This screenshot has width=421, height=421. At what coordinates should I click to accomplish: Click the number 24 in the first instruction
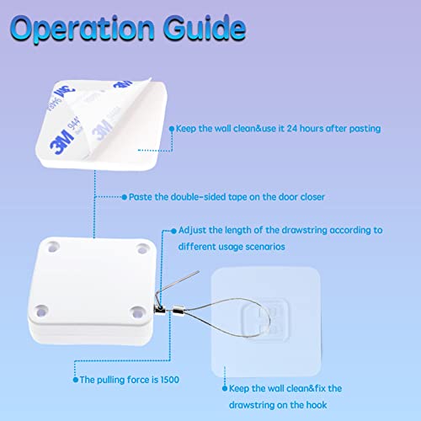pos(320,128)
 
